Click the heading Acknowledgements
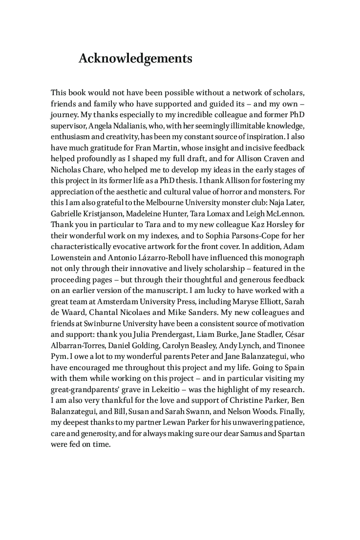tap(135, 59)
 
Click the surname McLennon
tap(284, 214)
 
